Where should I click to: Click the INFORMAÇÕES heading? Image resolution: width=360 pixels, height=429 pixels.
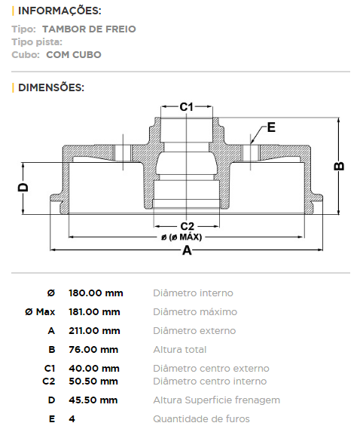point(59,11)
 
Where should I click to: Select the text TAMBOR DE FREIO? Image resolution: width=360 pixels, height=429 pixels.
point(89,29)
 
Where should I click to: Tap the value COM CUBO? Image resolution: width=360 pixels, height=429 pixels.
point(74,55)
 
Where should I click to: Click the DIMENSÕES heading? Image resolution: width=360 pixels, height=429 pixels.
point(51,87)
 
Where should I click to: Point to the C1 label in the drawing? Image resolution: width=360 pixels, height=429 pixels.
point(187,107)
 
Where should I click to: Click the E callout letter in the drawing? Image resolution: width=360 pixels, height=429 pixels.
point(271,127)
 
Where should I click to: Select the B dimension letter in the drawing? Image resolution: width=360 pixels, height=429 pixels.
point(339,166)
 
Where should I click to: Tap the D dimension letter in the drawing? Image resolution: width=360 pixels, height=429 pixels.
point(23,187)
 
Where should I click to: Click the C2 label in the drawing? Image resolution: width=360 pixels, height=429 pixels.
point(188,226)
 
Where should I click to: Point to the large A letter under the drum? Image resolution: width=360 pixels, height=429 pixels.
point(187,250)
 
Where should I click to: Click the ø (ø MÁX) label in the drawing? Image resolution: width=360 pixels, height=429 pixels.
point(182,237)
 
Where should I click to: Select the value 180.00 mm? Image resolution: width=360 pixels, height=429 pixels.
point(96,293)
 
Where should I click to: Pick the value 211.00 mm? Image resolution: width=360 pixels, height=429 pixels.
point(94,331)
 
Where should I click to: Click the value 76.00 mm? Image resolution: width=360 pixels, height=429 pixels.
point(93,350)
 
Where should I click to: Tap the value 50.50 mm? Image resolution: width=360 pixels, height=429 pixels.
point(93,381)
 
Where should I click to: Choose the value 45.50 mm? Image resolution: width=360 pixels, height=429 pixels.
point(93,400)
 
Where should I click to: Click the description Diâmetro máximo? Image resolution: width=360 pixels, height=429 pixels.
point(195,312)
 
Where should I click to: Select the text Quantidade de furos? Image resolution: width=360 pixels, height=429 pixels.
point(201,419)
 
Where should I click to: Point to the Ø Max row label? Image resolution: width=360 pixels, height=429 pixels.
point(40,312)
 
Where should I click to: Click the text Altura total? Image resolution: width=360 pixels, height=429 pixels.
point(180,350)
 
